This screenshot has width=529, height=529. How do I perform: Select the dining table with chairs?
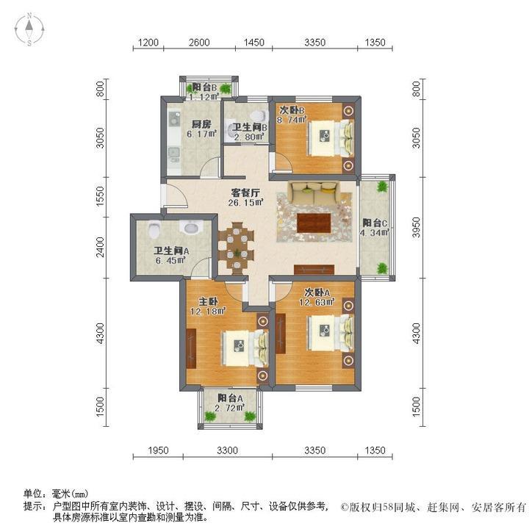[x=236, y=247]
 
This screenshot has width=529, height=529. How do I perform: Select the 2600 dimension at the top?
[x=198, y=43]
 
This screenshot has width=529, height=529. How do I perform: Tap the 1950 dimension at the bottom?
[x=159, y=450]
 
